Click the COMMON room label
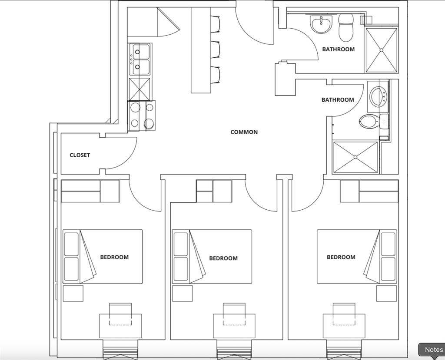[x=244, y=132]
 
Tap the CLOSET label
[x=80, y=155]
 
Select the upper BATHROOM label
[x=338, y=50]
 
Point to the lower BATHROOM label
[x=338, y=100]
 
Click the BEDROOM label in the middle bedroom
[x=223, y=258]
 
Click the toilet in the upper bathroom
[x=346, y=27]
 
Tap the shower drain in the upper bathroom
[x=381, y=50]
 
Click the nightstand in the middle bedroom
[x=182, y=294]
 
